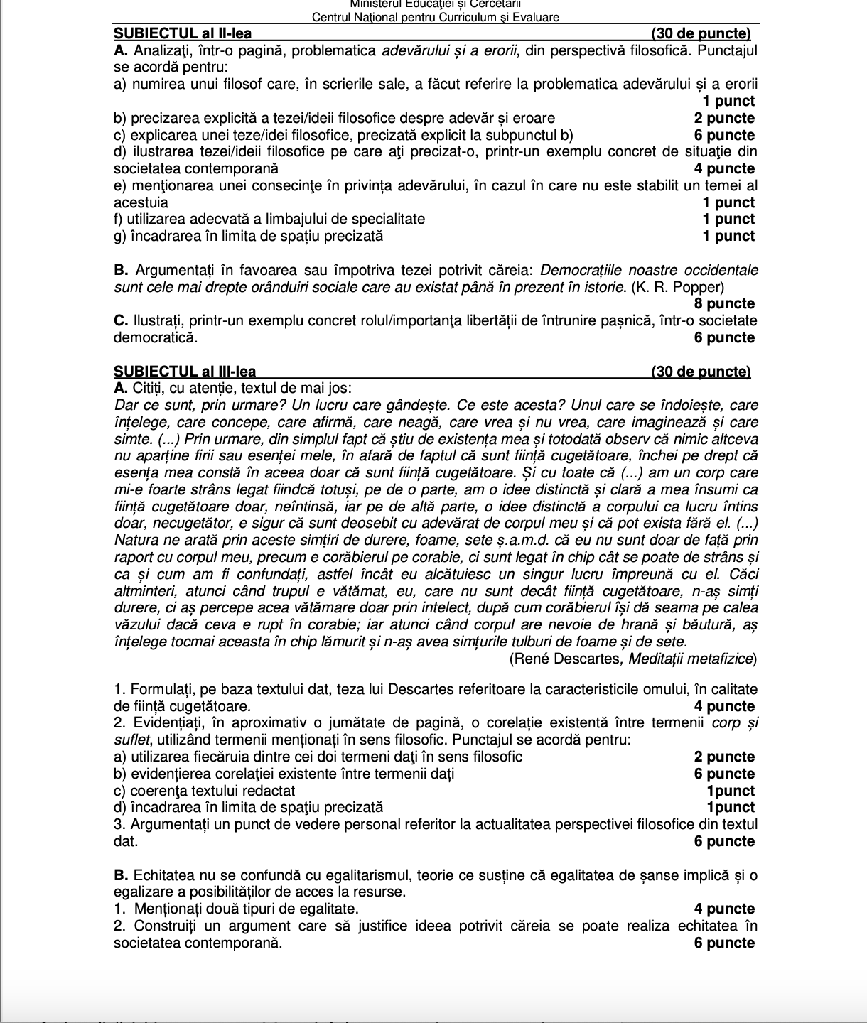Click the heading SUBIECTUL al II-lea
(183, 33)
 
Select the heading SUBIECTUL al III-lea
(185, 371)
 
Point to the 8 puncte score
(725, 304)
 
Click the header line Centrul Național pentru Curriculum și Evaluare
(435, 17)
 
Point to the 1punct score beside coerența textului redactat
(731, 791)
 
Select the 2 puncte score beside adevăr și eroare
(725, 118)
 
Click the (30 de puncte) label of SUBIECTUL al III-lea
(701, 371)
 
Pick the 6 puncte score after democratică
(725, 337)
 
